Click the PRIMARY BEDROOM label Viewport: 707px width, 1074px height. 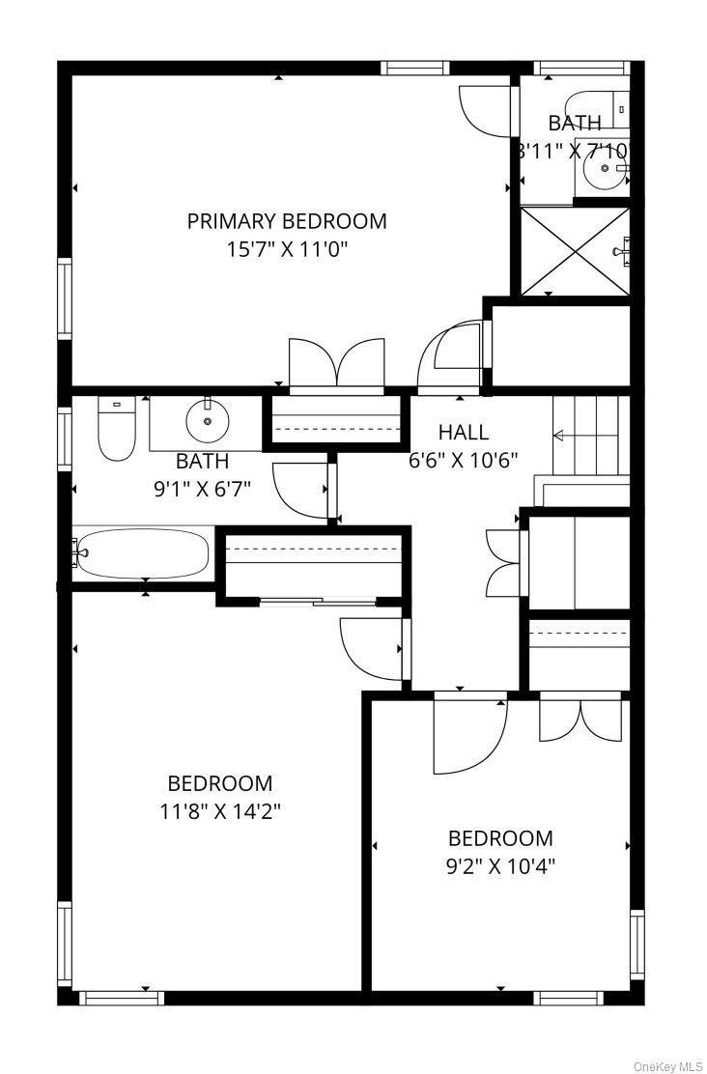click(287, 221)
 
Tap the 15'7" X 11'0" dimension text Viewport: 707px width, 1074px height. click(288, 249)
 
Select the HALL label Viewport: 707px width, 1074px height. click(464, 432)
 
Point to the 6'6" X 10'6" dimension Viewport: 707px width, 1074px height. click(463, 460)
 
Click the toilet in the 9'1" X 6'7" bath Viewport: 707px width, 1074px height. click(117, 430)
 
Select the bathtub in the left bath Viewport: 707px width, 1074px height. click(143, 552)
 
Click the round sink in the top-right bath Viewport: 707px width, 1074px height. click(605, 168)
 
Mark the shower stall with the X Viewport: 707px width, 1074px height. click(575, 251)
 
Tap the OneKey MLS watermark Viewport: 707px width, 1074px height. click(668, 1066)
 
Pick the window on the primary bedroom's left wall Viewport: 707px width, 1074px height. click(65, 298)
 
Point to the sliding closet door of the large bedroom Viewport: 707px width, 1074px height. click(319, 602)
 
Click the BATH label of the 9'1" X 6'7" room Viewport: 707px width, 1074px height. click(202, 461)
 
